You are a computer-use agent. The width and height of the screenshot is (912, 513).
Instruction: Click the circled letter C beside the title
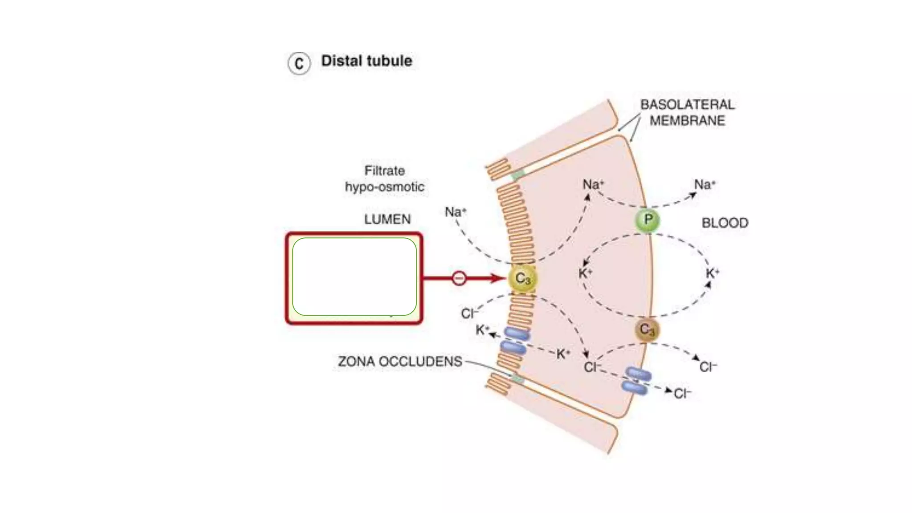299,63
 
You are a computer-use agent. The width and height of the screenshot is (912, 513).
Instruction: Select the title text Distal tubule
366,61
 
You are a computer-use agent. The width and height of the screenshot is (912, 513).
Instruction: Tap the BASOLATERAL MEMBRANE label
687,113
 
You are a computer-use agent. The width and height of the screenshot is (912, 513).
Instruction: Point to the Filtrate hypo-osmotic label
385,179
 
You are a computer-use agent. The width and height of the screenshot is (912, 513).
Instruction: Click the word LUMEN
387,219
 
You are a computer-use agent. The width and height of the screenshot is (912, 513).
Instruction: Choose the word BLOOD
725,223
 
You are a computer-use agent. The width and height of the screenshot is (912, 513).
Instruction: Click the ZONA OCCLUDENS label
400,361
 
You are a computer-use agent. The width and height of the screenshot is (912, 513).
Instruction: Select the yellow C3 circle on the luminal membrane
523,279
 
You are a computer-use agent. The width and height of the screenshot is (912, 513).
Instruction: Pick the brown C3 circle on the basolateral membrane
647,330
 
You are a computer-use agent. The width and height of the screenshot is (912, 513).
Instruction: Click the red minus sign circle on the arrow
459,278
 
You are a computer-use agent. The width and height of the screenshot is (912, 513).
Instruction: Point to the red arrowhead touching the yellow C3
498,278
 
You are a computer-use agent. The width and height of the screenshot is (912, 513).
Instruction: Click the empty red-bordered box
354,278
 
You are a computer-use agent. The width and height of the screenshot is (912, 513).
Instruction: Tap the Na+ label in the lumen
455,212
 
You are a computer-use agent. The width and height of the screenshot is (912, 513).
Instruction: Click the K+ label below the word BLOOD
712,273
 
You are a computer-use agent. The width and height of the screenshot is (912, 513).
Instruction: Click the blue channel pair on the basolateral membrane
637,381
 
